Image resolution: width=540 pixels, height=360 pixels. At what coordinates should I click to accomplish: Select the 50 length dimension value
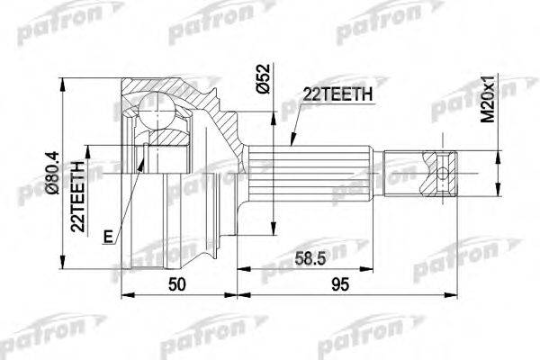(x=178, y=285)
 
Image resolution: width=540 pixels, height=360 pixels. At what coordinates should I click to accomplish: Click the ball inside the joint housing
(x=158, y=113)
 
